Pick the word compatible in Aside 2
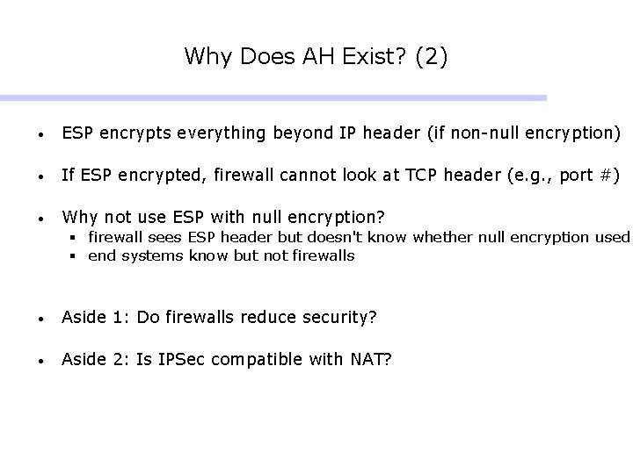[x=267, y=359]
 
